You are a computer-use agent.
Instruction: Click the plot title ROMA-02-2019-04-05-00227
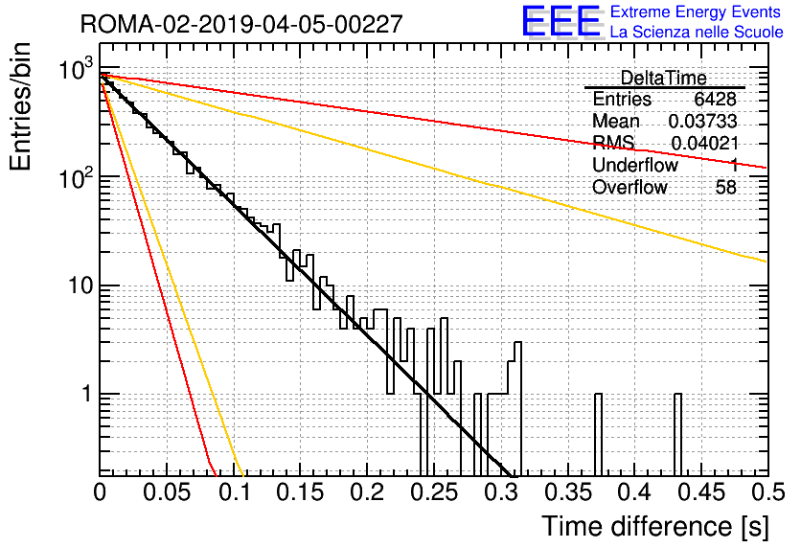241,24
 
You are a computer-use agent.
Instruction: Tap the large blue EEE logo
561,21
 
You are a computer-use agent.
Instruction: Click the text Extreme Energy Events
696,11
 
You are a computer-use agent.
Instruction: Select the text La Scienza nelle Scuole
697,32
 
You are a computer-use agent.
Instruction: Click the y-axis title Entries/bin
21,106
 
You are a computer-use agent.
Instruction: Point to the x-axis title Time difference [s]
655,527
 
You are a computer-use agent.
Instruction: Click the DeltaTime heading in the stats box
664,78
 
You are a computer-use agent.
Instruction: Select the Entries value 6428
715,99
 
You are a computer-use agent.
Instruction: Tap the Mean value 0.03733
703,121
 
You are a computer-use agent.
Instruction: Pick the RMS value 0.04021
704,143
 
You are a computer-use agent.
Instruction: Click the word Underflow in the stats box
635,165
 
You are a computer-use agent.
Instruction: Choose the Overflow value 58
726,188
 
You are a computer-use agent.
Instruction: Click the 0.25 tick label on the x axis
434,492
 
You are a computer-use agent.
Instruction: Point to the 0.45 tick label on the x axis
702,492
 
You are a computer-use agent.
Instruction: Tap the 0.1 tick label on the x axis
234,492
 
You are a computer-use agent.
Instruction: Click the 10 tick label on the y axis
80,285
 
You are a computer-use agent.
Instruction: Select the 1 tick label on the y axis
87,395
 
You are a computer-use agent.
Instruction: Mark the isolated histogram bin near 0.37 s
598,434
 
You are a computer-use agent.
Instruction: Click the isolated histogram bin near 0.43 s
678,434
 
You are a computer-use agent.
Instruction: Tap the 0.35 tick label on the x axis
568,492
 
